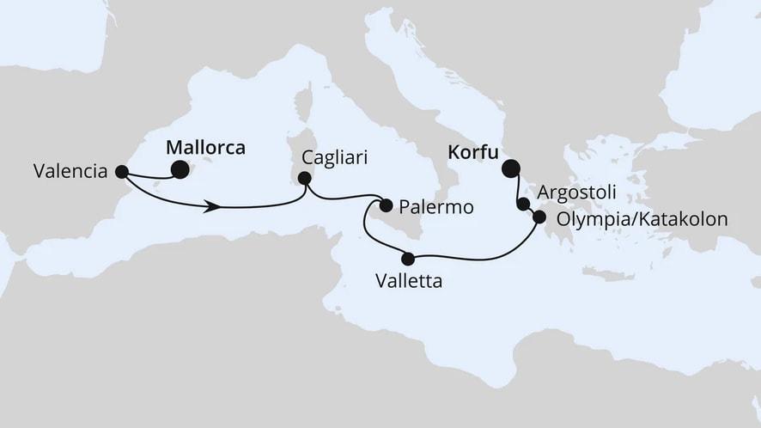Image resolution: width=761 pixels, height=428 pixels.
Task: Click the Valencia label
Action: pyautogui.click(x=70, y=171)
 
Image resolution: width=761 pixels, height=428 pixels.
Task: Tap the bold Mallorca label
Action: pyautogui.click(x=204, y=148)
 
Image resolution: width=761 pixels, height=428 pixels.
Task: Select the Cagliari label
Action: pyautogui.click(x=333, y=158)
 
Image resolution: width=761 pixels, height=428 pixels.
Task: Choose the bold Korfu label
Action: pyautogui.click(x=472, y=152)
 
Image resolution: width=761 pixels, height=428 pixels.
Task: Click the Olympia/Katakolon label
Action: pyautogui.click(x=642, y=219)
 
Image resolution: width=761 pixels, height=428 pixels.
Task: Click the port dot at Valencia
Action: pyautogui.click(x=121, y=171)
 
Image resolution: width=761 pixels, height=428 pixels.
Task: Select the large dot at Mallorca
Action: pyautogui.click(x=180, y=169)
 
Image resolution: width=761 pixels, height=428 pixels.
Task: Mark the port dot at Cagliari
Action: pyautogui.click(x=303, y=179)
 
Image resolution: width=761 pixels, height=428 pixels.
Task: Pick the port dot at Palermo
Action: pyautogui.click(x=386, y=205)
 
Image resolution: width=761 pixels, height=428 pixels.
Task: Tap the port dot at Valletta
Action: pyautogui.click(x=408, y=258)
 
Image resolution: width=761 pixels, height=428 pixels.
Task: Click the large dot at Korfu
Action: pyautogui.click(x=511, y=168)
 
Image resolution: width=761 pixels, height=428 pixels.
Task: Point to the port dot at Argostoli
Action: pyautogui.click(x=523, y=204)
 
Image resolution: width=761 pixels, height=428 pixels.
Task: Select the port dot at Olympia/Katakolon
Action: pyautogui.click(x=539, y=217)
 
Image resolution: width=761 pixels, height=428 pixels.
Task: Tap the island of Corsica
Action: pyautogui.click(x=302, y=103)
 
